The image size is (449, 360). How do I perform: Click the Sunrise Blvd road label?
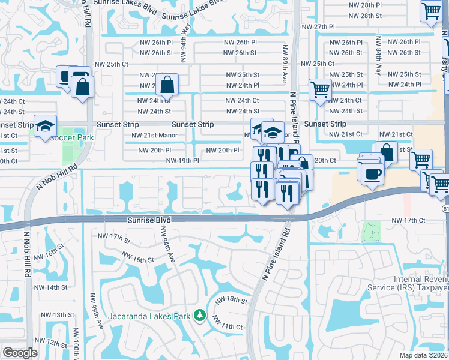[x=149, y=220]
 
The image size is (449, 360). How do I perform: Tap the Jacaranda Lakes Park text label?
[x=149, y=316]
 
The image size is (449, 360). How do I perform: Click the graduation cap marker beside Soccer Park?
[x=45, y=127]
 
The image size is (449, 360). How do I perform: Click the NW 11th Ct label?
[x=228, y=327]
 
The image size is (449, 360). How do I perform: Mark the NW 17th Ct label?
[x=408, y=221]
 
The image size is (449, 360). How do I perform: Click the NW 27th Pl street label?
[x=318, y=27]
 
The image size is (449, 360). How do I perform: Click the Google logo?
[x=20, y=353]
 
